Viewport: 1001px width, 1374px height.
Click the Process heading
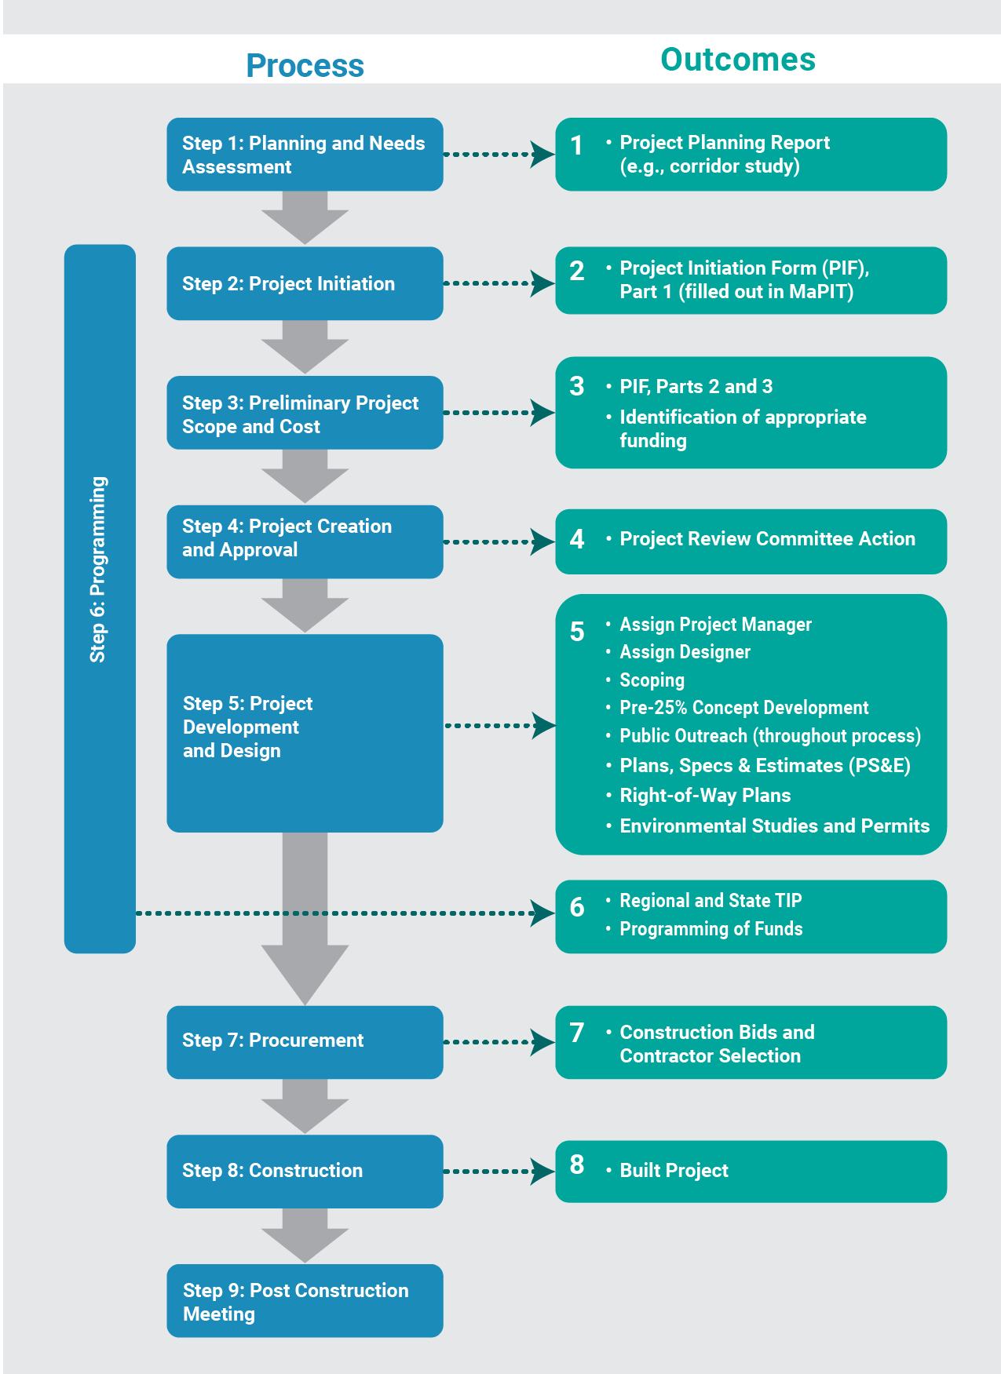click(305, 66)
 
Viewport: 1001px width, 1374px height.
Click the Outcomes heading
click(737, 60)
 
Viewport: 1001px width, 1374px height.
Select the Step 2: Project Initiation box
click(305, 283)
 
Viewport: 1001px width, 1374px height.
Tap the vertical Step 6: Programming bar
click(99, 598)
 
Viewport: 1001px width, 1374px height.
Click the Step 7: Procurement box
click(305, 1041)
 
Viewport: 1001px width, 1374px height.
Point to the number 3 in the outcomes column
click(577, 386)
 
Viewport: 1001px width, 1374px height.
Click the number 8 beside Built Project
click(577, 1164)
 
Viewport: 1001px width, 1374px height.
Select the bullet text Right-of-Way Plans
click(704, 795)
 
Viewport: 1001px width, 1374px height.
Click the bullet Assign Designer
click(685, 652)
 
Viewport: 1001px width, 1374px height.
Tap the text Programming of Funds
click(711, 929)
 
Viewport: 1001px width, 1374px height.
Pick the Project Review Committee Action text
click(767, 539)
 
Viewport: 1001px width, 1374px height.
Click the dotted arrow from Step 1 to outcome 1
click(498, 155)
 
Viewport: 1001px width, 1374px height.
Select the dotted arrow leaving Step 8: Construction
click(498, 1172)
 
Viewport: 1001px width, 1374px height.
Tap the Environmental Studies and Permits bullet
click(774, 825)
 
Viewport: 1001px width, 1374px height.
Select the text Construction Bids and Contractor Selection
click(716, 1044)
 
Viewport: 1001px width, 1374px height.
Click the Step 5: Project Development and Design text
click(247, 727)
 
